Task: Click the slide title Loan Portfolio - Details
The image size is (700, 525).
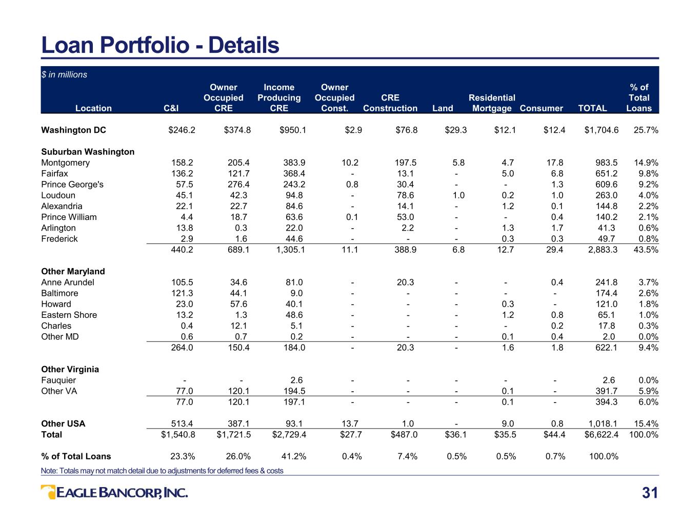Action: coord(160,45)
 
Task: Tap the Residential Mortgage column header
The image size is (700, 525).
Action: coord(492,103)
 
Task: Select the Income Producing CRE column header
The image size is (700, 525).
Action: coord(279,97)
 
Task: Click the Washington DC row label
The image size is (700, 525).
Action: coord(74,130)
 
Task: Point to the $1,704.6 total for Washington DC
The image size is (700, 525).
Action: coord(602,130)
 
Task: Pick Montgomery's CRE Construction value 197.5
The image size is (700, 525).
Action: coord(405,163)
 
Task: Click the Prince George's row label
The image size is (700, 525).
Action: coord(72,184)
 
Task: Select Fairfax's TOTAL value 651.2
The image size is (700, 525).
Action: coord(606,173)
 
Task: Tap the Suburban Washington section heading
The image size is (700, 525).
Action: coord(88,152)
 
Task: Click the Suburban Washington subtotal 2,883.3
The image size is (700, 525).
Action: coord(603,250)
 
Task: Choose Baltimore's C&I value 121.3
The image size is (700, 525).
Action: coord(182,293)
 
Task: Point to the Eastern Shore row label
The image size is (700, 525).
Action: coord(69,315)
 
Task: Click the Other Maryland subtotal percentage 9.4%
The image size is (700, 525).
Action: coord(648,348)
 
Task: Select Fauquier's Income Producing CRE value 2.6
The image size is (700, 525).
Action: coord(296,380)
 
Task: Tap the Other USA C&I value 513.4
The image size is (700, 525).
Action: coord(182,423)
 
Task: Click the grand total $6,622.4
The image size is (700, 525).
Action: coord(602,434)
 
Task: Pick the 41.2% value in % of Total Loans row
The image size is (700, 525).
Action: coord(294,456)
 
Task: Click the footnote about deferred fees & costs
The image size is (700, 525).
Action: coord(162,471)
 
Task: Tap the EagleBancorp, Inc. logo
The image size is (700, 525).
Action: coord(114,493)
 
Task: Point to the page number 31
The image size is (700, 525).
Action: coord(650,493)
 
